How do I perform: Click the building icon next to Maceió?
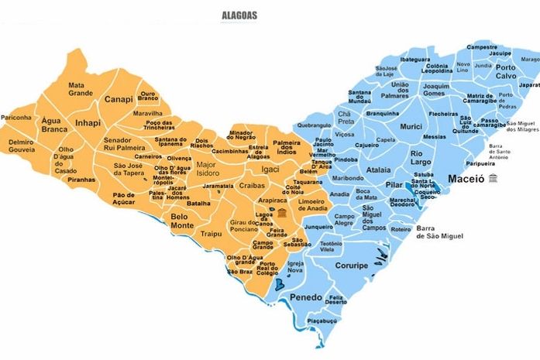click(494, 179)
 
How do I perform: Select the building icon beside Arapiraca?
click(282, 214)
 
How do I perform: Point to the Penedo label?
click(305, 297)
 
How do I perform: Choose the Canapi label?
click(119, 99)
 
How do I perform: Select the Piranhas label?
click(81, 179)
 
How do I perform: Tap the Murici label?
click(411, 125)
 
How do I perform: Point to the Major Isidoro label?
click(208, 169)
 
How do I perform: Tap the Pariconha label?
click(16, 118)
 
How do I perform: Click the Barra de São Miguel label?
click(438, 233)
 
